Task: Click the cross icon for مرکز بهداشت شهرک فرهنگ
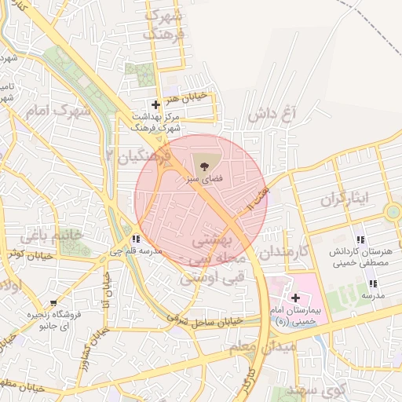155,104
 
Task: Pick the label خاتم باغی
54,235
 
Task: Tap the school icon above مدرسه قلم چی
137,239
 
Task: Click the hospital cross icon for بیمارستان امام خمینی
295,298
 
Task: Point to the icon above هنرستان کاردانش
360,239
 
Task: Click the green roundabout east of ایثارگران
393,212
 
